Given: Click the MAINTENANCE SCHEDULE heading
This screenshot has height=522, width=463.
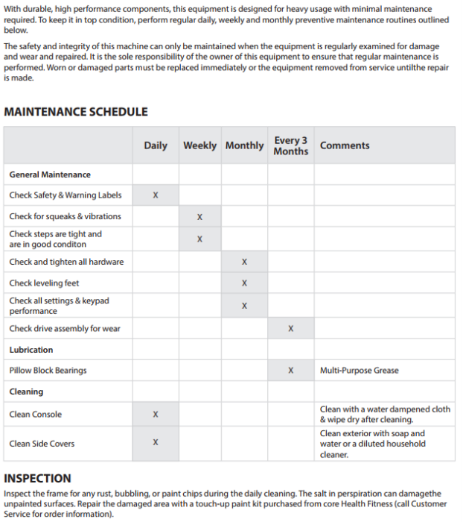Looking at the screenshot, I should [x=76, y=112].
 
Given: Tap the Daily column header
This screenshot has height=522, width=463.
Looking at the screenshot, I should [x=156, y=145].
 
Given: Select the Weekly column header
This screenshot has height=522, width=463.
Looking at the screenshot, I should [x=199, y=145].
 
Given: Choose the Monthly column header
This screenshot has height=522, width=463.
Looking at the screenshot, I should [x=244, y=145].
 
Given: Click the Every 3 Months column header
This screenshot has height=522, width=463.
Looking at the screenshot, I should [x=290, y=145].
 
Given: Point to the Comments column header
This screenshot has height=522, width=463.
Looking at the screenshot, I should [x=345, y=145].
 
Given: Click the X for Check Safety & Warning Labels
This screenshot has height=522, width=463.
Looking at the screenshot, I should [x=156, y=195].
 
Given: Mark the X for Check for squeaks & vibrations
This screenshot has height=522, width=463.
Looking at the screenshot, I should [x=199, y=217].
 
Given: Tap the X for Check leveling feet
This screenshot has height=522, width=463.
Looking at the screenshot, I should [x=244, y=283].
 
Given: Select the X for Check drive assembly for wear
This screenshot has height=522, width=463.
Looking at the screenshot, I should [x=290, y=329].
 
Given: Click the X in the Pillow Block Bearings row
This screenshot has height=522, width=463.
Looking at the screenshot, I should [x=290, y=371].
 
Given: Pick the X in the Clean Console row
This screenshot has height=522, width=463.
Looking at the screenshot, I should [x=156, y=415].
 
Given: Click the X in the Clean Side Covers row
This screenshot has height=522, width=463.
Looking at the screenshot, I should [x=156, y=443].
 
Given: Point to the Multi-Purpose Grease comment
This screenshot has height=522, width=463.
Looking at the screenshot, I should [x=360, y=371].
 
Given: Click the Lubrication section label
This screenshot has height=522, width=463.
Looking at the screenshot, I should [x=31, y=350].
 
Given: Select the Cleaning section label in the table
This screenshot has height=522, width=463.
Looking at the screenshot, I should [x=26, y=391].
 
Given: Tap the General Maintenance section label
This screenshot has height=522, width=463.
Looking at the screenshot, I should [x=50, y=174].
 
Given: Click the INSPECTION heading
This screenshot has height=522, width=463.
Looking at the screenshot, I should [x=37, y=479].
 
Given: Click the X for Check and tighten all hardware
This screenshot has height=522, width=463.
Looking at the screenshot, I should [x=244, y=262].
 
